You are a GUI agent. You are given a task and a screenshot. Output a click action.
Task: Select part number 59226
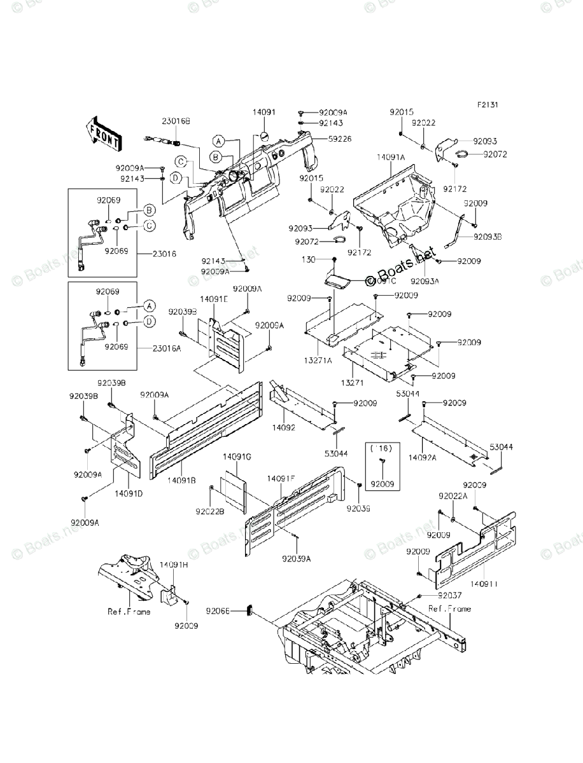click(x=341, y=139)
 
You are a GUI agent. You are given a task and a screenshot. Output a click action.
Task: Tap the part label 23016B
click(x=158, y=121)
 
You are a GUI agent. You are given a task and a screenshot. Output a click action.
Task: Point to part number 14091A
click(x=391, y=156)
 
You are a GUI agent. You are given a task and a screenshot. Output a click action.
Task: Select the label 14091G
click(x=237, y=457)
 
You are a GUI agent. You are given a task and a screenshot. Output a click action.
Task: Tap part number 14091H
click(x=174, y=564)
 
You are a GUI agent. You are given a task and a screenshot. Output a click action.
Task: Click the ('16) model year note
click(x=382, y=448)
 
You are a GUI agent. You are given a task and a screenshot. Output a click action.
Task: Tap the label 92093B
click(x=488, y=237)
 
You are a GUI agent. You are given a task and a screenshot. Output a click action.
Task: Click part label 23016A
click(x=167, y=348)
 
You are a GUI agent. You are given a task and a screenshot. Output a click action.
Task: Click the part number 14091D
click(x=129, y=492)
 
